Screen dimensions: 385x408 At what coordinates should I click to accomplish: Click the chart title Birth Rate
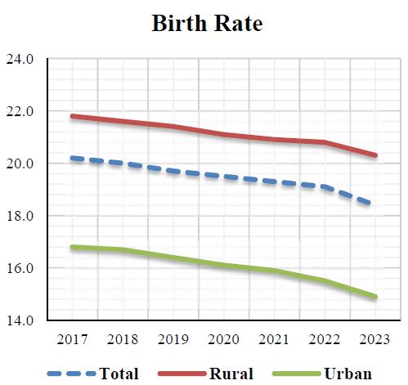207,24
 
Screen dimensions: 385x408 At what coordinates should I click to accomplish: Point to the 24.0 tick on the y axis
20,59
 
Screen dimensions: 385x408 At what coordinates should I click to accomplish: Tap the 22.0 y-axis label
20,111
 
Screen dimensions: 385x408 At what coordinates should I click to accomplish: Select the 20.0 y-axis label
20,163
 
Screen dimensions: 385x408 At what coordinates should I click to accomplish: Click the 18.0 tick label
20,216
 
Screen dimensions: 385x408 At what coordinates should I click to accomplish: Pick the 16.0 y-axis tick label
20,268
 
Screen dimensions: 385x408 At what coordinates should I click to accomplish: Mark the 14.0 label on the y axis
20,320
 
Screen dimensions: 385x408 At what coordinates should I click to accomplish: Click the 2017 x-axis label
73,338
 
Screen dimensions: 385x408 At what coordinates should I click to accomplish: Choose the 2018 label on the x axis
123,338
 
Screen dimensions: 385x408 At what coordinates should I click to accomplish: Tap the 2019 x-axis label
174,338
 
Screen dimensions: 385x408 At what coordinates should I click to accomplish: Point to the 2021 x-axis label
275,338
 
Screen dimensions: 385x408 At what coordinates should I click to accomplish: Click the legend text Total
119,374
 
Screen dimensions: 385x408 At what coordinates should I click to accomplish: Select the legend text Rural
230,374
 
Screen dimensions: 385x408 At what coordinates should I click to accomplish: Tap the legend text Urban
347,374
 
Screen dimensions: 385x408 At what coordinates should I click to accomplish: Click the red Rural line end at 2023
375,155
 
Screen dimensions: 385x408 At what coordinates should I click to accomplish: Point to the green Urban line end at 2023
375,297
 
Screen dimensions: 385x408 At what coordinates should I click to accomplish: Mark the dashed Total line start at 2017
73,158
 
